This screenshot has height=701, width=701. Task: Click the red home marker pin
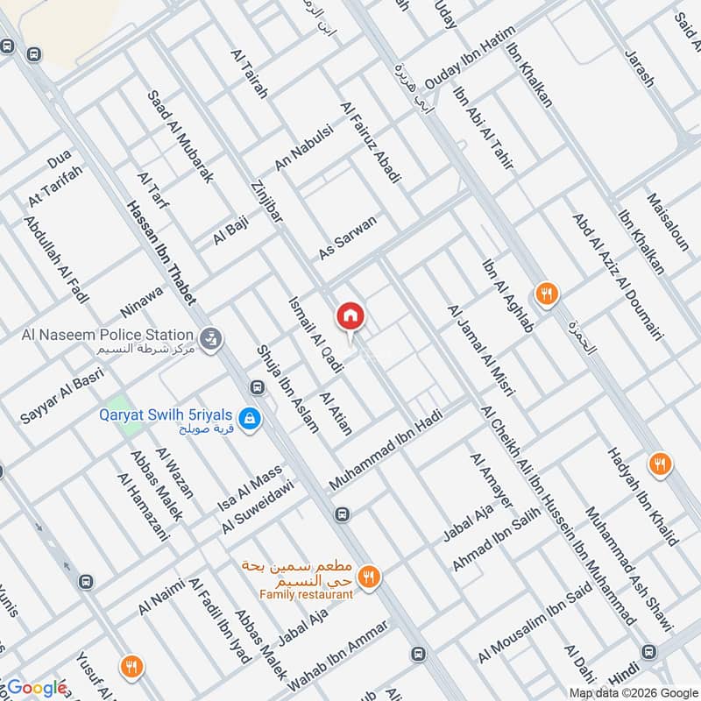[350, 316]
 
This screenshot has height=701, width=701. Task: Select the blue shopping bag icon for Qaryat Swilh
[251, 419]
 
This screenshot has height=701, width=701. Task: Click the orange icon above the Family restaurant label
[370, 576]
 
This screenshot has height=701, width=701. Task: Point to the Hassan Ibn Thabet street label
[161, 253]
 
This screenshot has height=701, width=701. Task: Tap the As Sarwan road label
[348, 237]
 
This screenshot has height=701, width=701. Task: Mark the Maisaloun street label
[665, 223]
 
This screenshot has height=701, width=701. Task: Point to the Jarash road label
[639, 67]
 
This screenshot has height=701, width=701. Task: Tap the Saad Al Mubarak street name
[181, 135]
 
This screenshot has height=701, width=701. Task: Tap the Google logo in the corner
[37, 688]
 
